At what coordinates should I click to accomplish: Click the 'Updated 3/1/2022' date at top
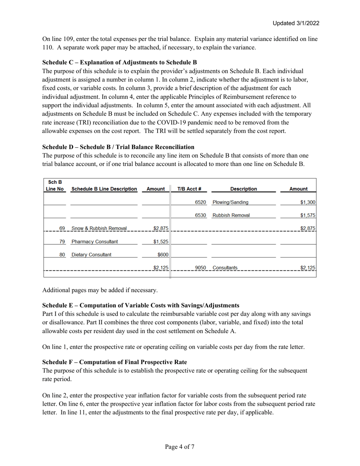pos(296,23)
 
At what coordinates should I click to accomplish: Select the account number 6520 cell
pos(200,202)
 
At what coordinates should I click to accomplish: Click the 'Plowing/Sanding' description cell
pos(230,202)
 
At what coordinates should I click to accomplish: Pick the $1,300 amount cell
pos(308,202)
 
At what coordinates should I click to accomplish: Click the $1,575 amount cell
pos(308,215)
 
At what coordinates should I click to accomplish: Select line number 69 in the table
pos(62,228)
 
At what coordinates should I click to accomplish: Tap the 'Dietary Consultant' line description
pos(91,255)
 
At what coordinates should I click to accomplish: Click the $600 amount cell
pos(163,255)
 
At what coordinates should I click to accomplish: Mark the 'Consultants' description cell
pos(225,268)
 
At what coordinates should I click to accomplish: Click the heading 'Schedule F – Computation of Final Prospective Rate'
pos(114,362)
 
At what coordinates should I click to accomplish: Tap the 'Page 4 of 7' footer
pos(180,447)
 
